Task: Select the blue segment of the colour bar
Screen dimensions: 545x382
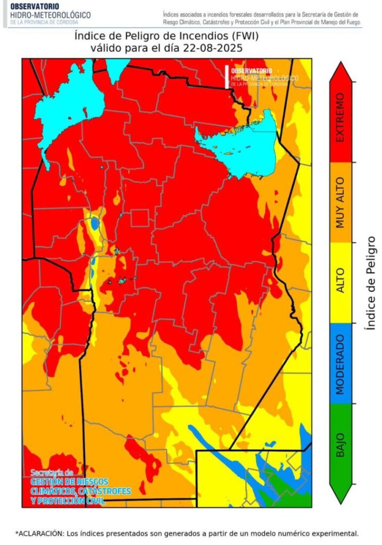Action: [342, 363]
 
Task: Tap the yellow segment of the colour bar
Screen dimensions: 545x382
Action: [342, 282]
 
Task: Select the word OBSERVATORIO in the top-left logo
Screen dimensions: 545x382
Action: [32, 6]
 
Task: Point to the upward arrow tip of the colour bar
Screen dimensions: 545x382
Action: [342, 65]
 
